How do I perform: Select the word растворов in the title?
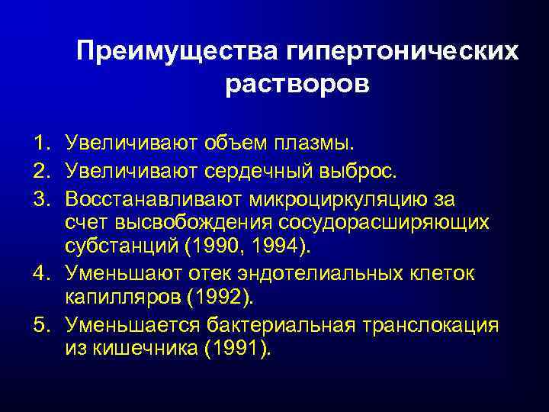[297, 83]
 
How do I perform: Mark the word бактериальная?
[278, 326]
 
